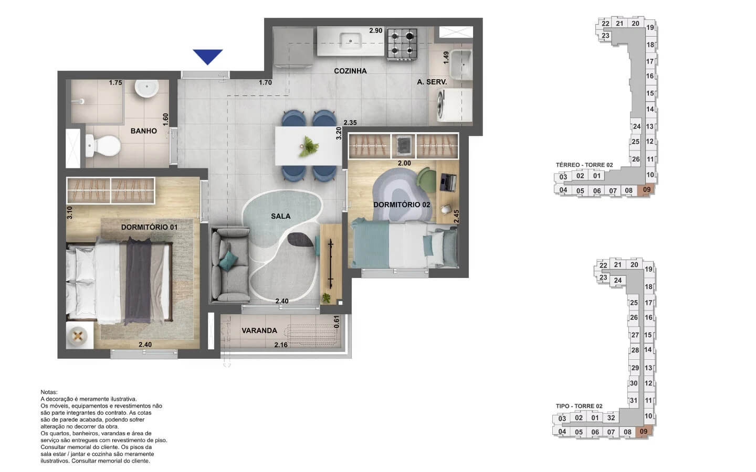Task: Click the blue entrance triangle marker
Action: pyautogui.click(x=207, y=56)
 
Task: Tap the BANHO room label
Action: pyautogui.click(x=144, y=131)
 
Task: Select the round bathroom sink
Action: pyautogui.click(x=147, y=88)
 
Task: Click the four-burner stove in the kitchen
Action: pyautogui.click(x=402, y=44)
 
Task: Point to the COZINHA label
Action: pyautogui.click(x=350, y=71)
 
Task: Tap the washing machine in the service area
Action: pyautogui.click(x=454, y=105)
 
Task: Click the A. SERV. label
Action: pyautogui.click(x=432, y=82)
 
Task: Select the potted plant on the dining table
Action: pyautogui.click(x=308, y=147)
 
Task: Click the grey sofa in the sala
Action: pyautogui.click(x=231, y=265)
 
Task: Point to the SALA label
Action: pyautogui.click(x=281, y=216)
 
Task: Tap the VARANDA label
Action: pyautogui.click(x=259, y=330)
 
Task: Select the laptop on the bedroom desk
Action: pyautogui.click(x=448, y=183)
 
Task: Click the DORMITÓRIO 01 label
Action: pyautogui.click(x=149, y=227)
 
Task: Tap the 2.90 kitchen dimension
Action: pyautogui.click(x=376, y=30)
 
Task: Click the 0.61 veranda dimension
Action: pyautogui.click(x=336, y=322)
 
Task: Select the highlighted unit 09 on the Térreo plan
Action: pyautogui.click(x=646, y=189)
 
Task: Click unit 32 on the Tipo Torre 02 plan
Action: pyautogui.click(x=611, y=417)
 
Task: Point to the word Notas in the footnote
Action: pyautogui.click(x=49, y=392)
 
